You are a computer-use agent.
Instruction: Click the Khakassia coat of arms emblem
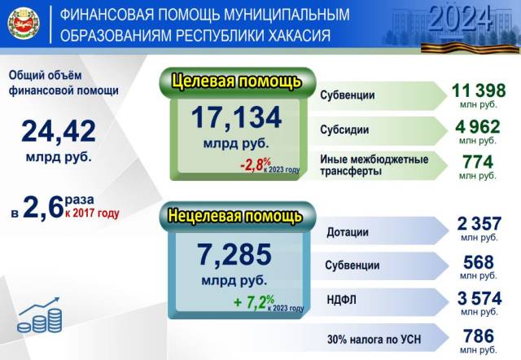click(24, 24)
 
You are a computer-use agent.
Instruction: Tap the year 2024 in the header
click(460, 18)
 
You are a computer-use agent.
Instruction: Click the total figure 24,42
click(59, 131)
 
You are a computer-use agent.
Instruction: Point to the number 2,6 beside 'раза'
click(43, 207)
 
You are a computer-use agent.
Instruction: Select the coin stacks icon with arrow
click(40, 314)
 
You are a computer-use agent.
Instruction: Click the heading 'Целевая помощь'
click(237, 81)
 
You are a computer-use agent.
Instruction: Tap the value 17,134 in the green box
click(237, 117)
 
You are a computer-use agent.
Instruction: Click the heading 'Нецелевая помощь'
click(235, 216)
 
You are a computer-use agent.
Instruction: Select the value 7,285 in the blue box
click(234, 254)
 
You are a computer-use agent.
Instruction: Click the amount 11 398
click(479, 90)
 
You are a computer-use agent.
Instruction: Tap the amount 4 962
click(478, 126)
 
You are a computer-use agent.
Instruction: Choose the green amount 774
click(478, 162)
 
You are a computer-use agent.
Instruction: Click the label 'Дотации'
click(348, 232)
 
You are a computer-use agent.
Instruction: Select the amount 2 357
click(479, 224)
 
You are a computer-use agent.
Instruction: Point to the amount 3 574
click(479, 298)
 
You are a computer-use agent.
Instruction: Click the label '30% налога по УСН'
click(374, 340)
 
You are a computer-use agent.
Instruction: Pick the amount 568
click(479, 262)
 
